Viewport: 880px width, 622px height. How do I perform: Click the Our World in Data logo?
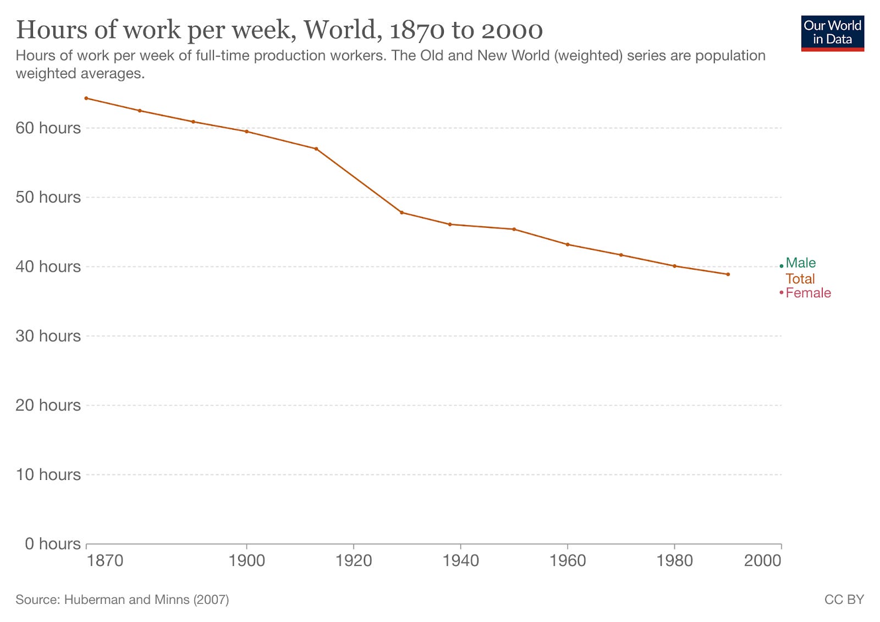tap(832, 33)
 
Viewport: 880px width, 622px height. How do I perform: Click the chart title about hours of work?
tap(279, 30)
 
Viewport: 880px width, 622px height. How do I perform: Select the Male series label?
tap(800, 263)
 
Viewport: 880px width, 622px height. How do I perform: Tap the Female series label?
tap(807, 293)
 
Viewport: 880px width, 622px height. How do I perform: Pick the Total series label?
tap(800, 279)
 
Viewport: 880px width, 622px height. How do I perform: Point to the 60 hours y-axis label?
tap(48, 128)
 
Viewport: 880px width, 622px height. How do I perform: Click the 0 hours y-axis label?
tap(53, 544)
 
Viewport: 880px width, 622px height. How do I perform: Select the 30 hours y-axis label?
tap(48, 336)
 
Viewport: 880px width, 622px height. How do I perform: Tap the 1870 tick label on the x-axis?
tap(105, 560)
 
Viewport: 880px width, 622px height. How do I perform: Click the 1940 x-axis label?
tap(460, 560)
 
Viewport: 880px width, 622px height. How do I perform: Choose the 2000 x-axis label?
tap(762, 560)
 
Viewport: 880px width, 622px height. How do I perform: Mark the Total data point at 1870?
tap(86, 98)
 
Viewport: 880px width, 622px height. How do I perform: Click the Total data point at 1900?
tap(246, 132)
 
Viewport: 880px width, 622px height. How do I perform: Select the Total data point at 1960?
tap(568, 244)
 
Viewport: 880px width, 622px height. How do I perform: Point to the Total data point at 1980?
tap(674, 266)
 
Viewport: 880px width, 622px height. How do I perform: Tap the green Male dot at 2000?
tap(781, 266)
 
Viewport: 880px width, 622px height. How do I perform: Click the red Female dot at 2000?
tap(781, 292)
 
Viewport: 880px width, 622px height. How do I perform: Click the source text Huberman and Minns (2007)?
tap(122, 599)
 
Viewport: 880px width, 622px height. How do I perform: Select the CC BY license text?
tap(844, 599)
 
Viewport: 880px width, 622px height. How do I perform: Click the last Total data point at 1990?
tap(728, 274)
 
